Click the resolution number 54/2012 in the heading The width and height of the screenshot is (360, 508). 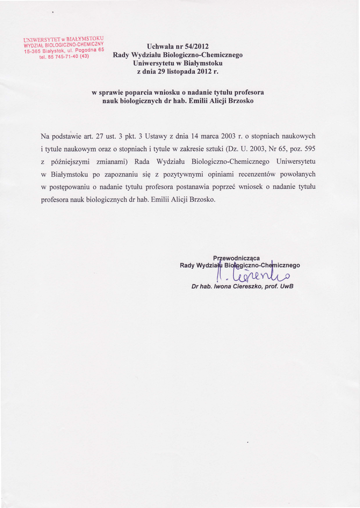pos(195,47)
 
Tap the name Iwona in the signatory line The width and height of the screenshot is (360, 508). pos(225,286)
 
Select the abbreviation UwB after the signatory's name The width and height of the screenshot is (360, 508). pos(287,286)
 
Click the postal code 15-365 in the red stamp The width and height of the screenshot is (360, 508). pos(34,52)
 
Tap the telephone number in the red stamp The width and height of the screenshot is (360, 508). pos(64,56)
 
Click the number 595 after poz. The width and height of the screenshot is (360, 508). pos(309,149)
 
